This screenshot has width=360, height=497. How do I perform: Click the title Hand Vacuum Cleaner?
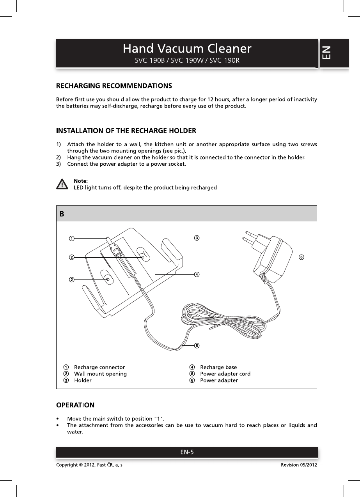(187, 49)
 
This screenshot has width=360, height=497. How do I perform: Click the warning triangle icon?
(61, 184)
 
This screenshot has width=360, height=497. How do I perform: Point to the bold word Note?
(81, 181)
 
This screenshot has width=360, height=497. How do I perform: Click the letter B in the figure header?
(62, 214)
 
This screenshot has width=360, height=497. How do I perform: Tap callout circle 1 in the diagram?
(72, 238)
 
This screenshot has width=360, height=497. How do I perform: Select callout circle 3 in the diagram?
(197, 238)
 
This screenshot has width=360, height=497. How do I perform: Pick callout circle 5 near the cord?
(197, 345)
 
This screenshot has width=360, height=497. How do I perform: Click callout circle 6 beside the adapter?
(301, 257)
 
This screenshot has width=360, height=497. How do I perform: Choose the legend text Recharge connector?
(99, 367)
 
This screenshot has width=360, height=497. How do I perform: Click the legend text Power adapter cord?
(225, 374)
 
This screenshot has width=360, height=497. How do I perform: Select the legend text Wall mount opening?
(100, 374)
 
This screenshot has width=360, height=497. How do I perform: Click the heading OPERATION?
(75, 405)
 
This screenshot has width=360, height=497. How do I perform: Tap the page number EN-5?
(187, 453)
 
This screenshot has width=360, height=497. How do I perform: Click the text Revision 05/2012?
(299, 465)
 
